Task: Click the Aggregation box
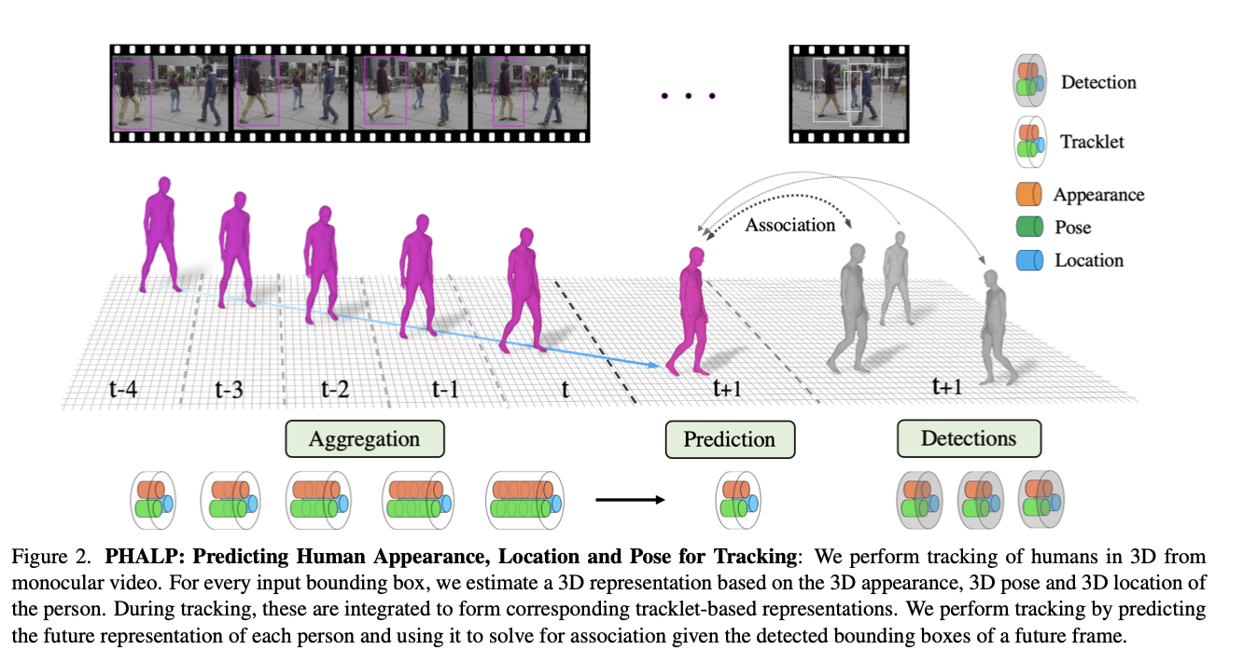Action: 364,438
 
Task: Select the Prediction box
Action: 730,439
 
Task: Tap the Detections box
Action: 969,438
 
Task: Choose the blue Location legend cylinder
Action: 1028,260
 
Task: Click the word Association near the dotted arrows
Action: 789,225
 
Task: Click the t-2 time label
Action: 334,387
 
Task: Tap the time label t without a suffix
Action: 565,389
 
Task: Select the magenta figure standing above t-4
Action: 161,233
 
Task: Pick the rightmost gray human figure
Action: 995,317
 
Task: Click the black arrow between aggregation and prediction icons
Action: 630,500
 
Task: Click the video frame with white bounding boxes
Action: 847,93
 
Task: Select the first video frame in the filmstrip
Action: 169,93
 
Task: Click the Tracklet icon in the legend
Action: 1030,141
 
